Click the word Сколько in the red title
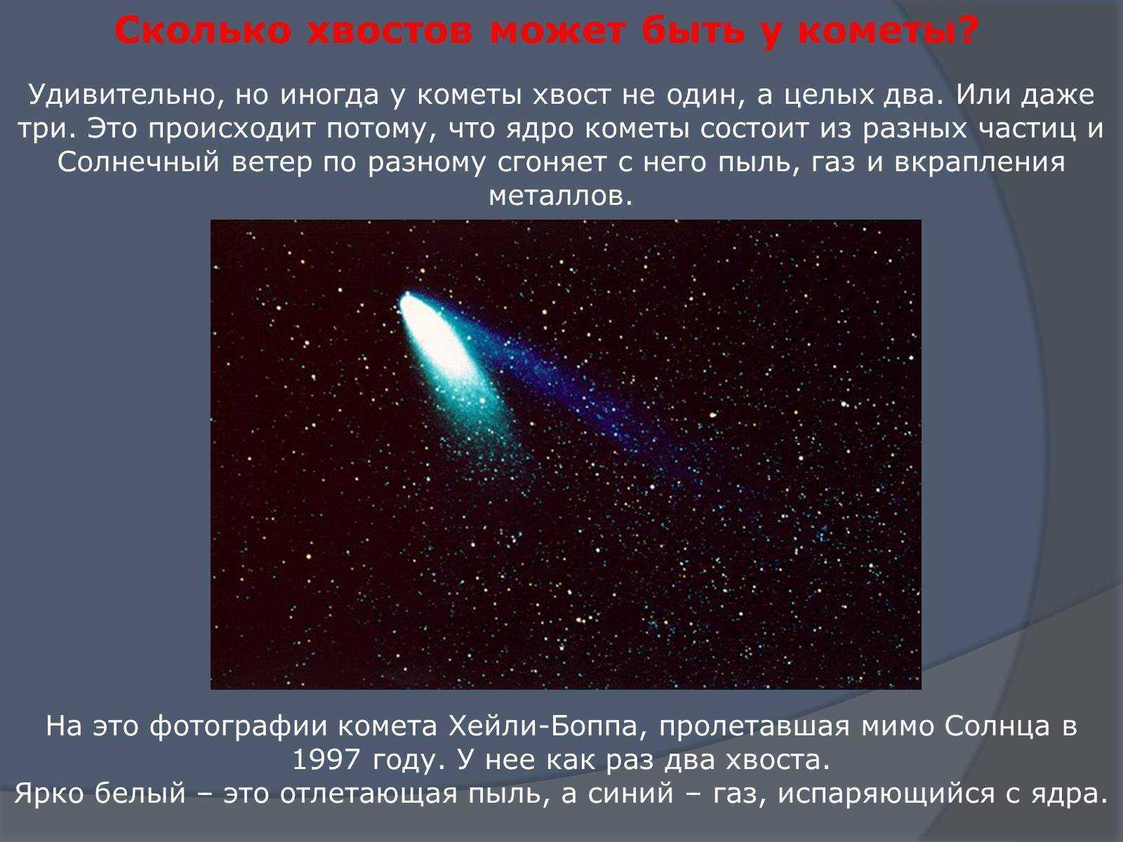203,31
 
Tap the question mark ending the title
964,31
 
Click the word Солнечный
138,163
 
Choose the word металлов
561,196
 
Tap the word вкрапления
980,163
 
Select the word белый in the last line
140,793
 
